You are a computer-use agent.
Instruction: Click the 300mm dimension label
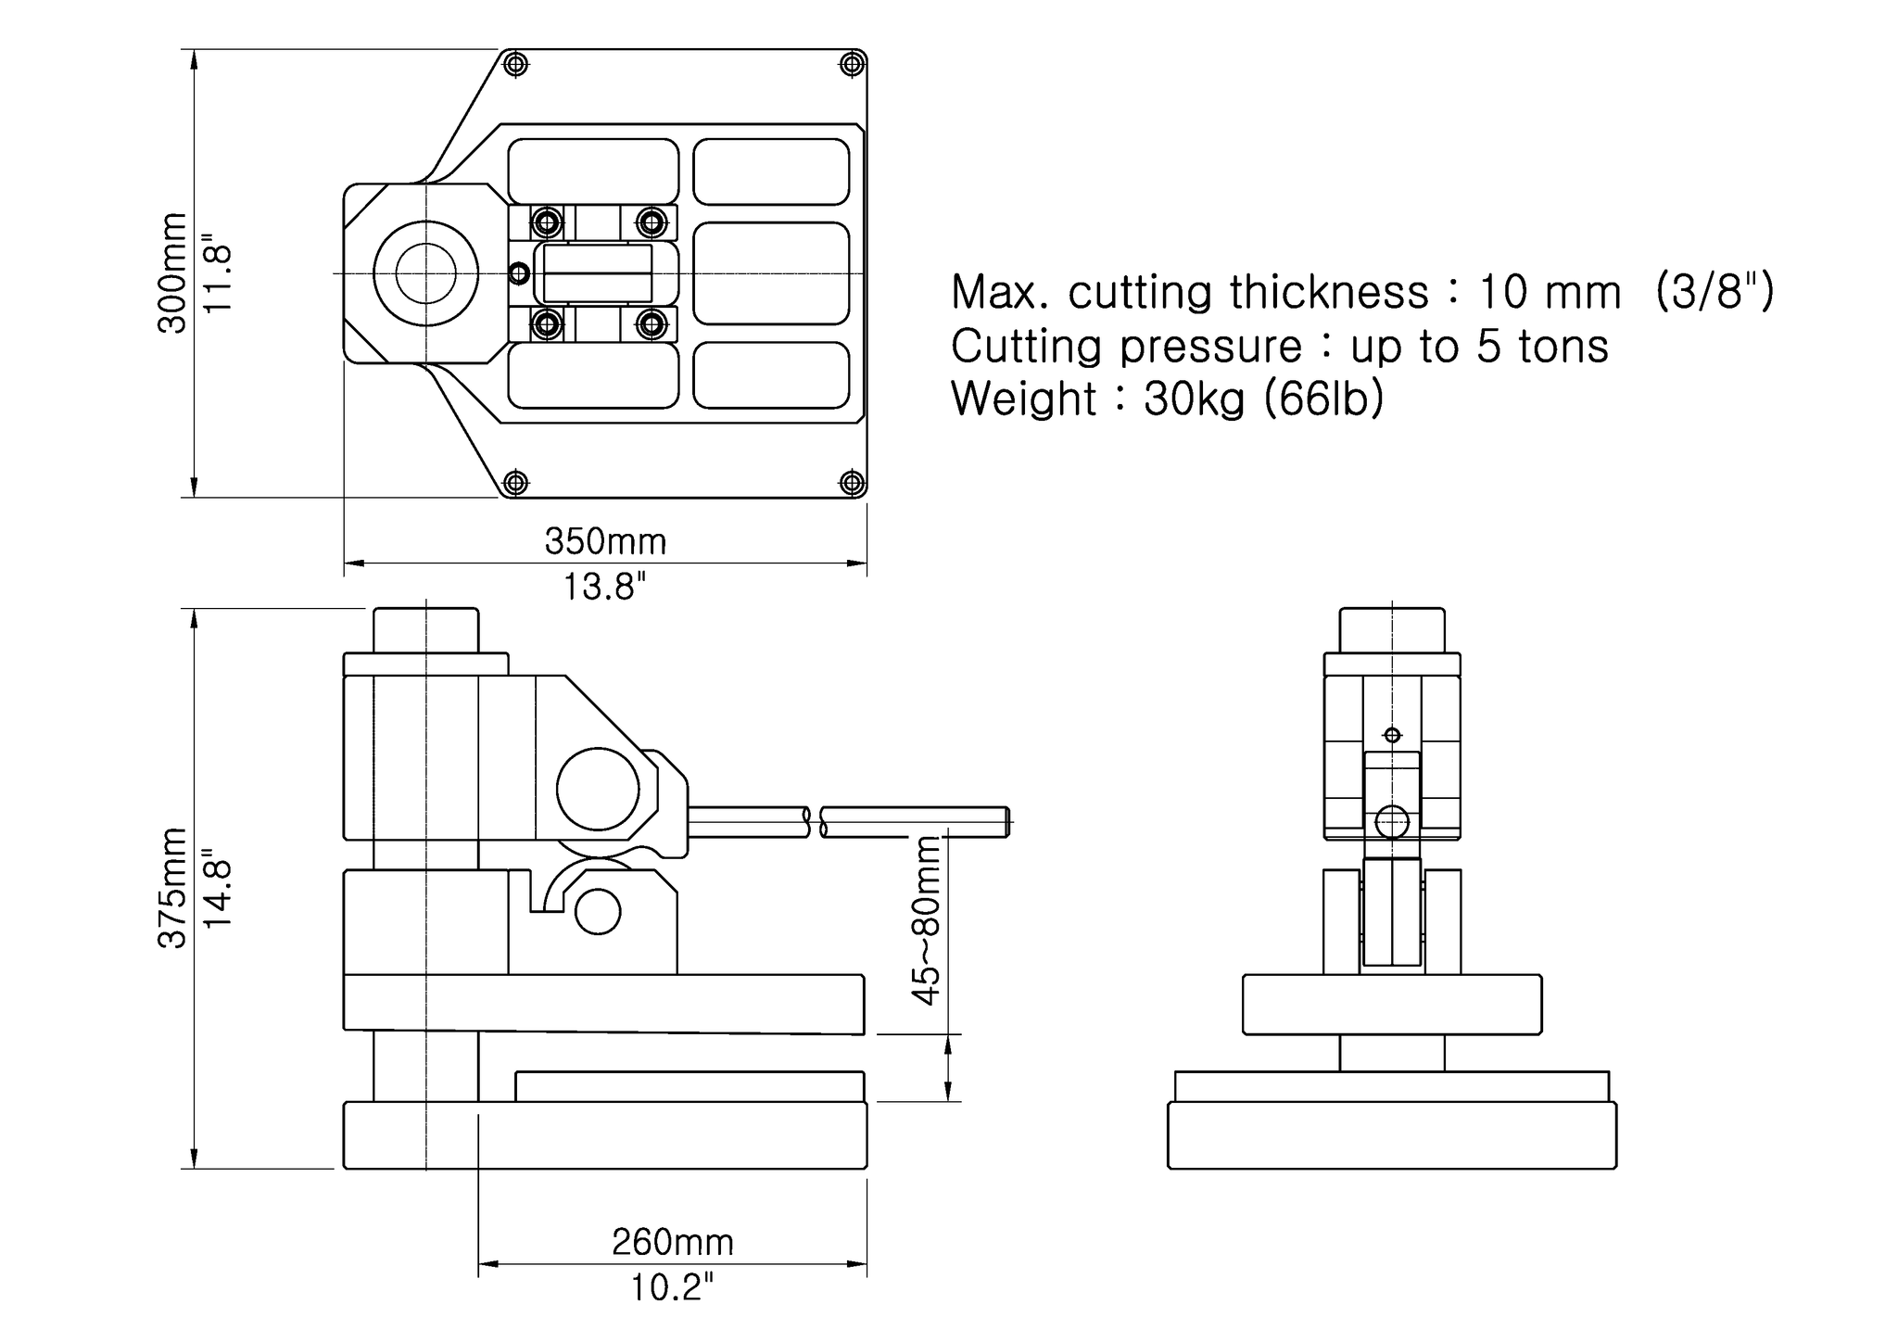[x=172, y=273]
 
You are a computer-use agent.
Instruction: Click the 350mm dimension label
[x=605, y=541]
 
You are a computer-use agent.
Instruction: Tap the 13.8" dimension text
[x=605, y=587]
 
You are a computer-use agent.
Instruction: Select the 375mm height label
[x=172, y=888]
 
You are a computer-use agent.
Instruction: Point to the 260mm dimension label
[x=672, y=1242]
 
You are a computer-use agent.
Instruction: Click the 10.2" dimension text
[x=672, y=1287]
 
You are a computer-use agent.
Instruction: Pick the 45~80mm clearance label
[x=926, y=919]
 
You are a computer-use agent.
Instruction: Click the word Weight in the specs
[x=1023, y=399]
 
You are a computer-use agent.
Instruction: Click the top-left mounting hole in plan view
[x=515, y=64]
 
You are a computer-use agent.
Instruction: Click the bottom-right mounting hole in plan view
[x=852, y=483]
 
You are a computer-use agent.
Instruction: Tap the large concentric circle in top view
[x=426, y=273]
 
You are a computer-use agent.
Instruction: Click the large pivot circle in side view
[x=598, y=789]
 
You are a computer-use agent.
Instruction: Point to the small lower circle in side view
[x=598, y=912]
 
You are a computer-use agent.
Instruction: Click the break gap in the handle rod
[x=814, y=822]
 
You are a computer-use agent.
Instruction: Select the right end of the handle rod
[x=1006, y=822]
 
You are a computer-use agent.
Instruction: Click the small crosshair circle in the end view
[x=1392, y=735]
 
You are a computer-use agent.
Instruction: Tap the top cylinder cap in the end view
[x=1392, y=630]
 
